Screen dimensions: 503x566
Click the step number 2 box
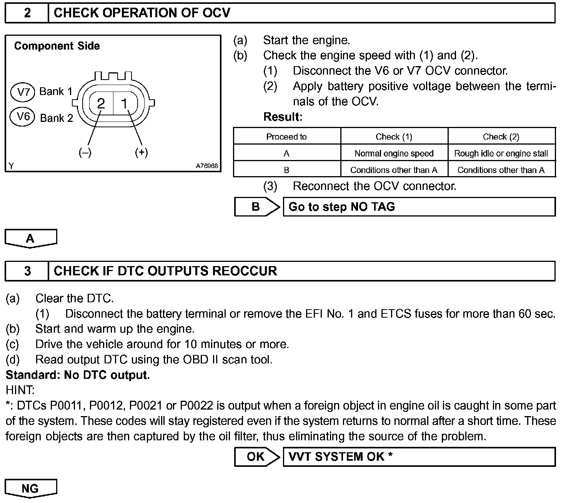click(27, 13)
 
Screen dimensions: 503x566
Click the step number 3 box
click(27, 271)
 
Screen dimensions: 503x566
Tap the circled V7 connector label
click(23, 92)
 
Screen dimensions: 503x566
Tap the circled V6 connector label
click(23, 116)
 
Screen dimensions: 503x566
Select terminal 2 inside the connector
click(101, 103)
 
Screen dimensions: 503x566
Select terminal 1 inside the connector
click(124, 103)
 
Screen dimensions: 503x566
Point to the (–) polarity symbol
click(85, 153)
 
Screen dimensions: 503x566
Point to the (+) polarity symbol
click(141, 153)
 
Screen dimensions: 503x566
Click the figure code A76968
click(207, 166)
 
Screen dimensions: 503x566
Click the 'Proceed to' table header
click(286, 137)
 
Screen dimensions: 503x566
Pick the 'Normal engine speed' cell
click(394, 153)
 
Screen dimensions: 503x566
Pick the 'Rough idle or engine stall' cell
click(501, 153)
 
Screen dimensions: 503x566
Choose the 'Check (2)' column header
click(501, 137)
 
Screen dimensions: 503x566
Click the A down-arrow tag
click(30, 238)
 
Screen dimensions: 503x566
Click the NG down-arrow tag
click(30, 488)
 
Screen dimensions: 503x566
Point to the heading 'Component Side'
click(57, 46)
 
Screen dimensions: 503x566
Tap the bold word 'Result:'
click(283, 117)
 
